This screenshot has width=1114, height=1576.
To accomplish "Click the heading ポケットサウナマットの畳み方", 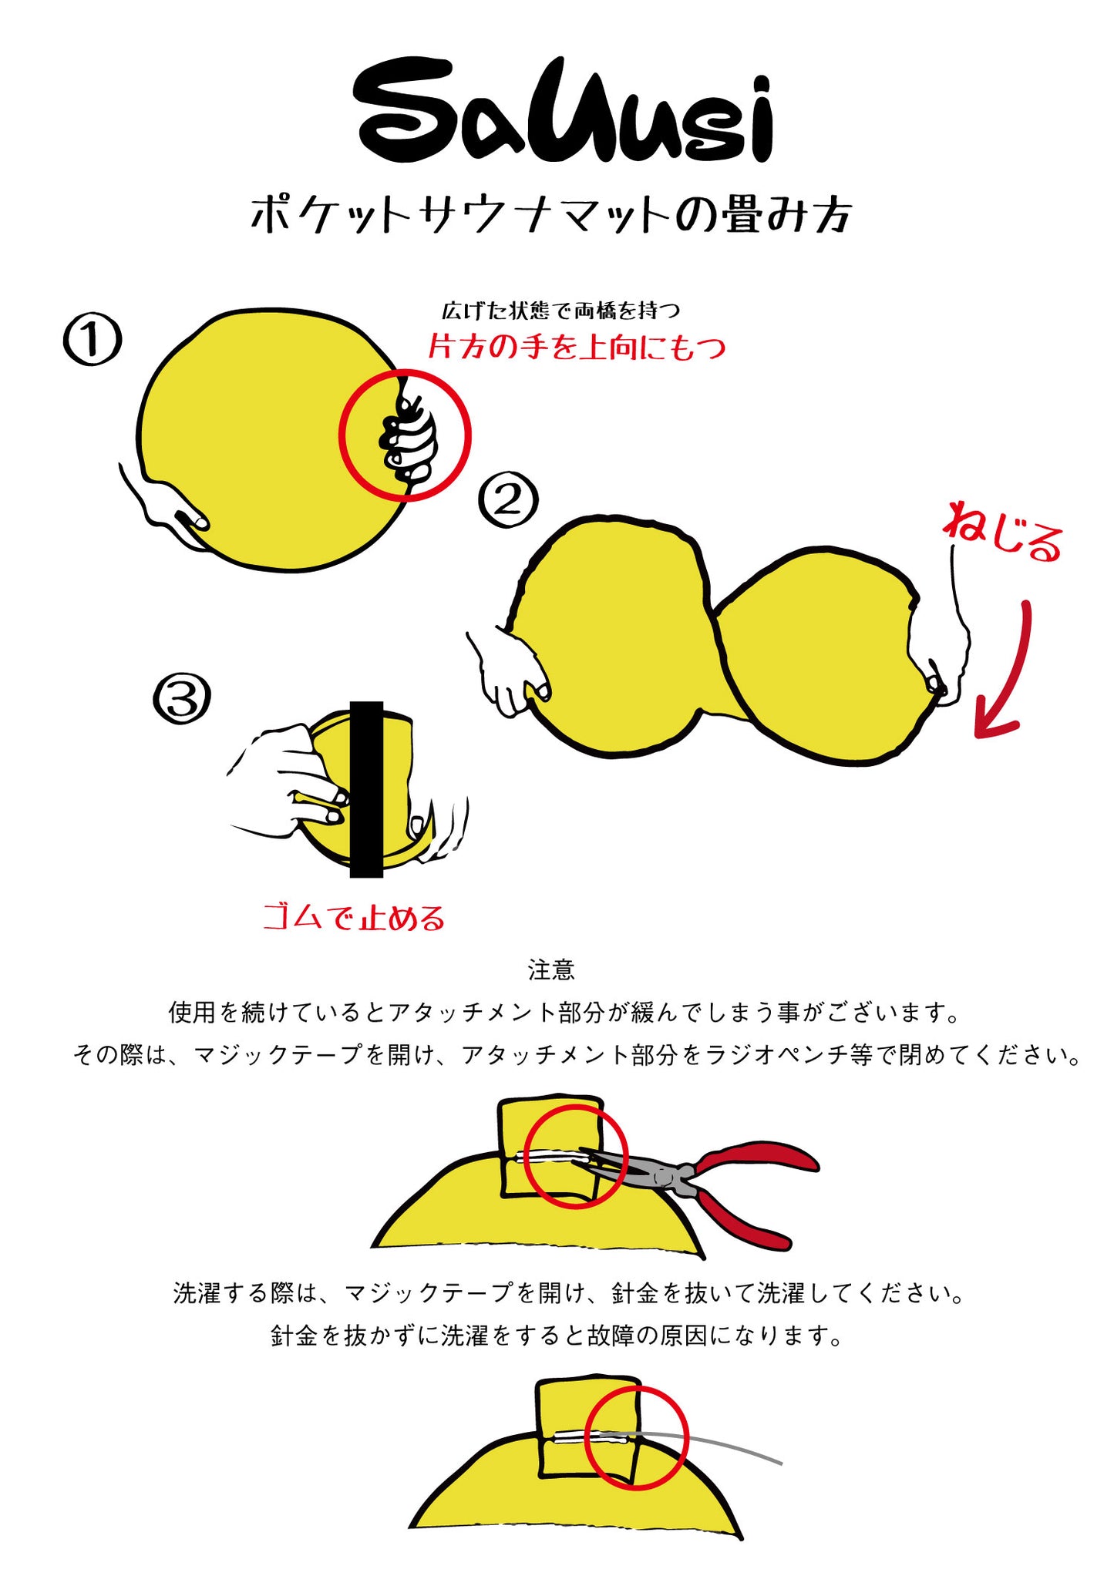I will tap(551, 213).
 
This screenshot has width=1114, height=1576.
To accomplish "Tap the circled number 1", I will tap(93, 340).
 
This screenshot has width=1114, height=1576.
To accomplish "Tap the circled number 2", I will tap(508, 501).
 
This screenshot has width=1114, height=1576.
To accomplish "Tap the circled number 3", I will tap(183, 699).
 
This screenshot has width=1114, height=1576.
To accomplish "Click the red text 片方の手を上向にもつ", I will tap(577, 348).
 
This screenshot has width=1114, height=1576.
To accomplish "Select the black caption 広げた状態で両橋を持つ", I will tap(560, 311).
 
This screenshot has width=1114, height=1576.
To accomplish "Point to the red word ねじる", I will tap(1002, 532).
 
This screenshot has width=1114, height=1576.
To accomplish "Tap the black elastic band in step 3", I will tap(366, 790).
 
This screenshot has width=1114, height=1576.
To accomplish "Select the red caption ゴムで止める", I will tap(354, 918).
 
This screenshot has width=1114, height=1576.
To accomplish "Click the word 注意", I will tap(551, 969).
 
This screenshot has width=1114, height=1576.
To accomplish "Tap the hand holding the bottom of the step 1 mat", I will tap(166, 509).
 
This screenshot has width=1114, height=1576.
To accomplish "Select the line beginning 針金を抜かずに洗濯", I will tap(557, 1336).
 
